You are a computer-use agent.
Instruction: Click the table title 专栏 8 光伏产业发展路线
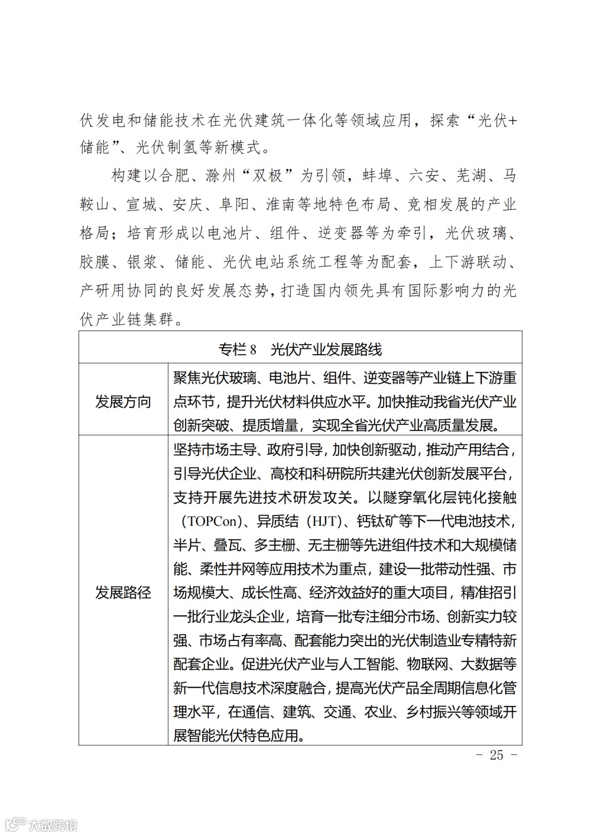300,349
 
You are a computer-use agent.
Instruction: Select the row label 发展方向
123,402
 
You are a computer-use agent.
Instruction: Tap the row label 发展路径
123,592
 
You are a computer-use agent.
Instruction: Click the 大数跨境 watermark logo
41,824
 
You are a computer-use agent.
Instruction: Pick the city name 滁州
220,176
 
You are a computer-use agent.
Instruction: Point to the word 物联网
430,664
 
